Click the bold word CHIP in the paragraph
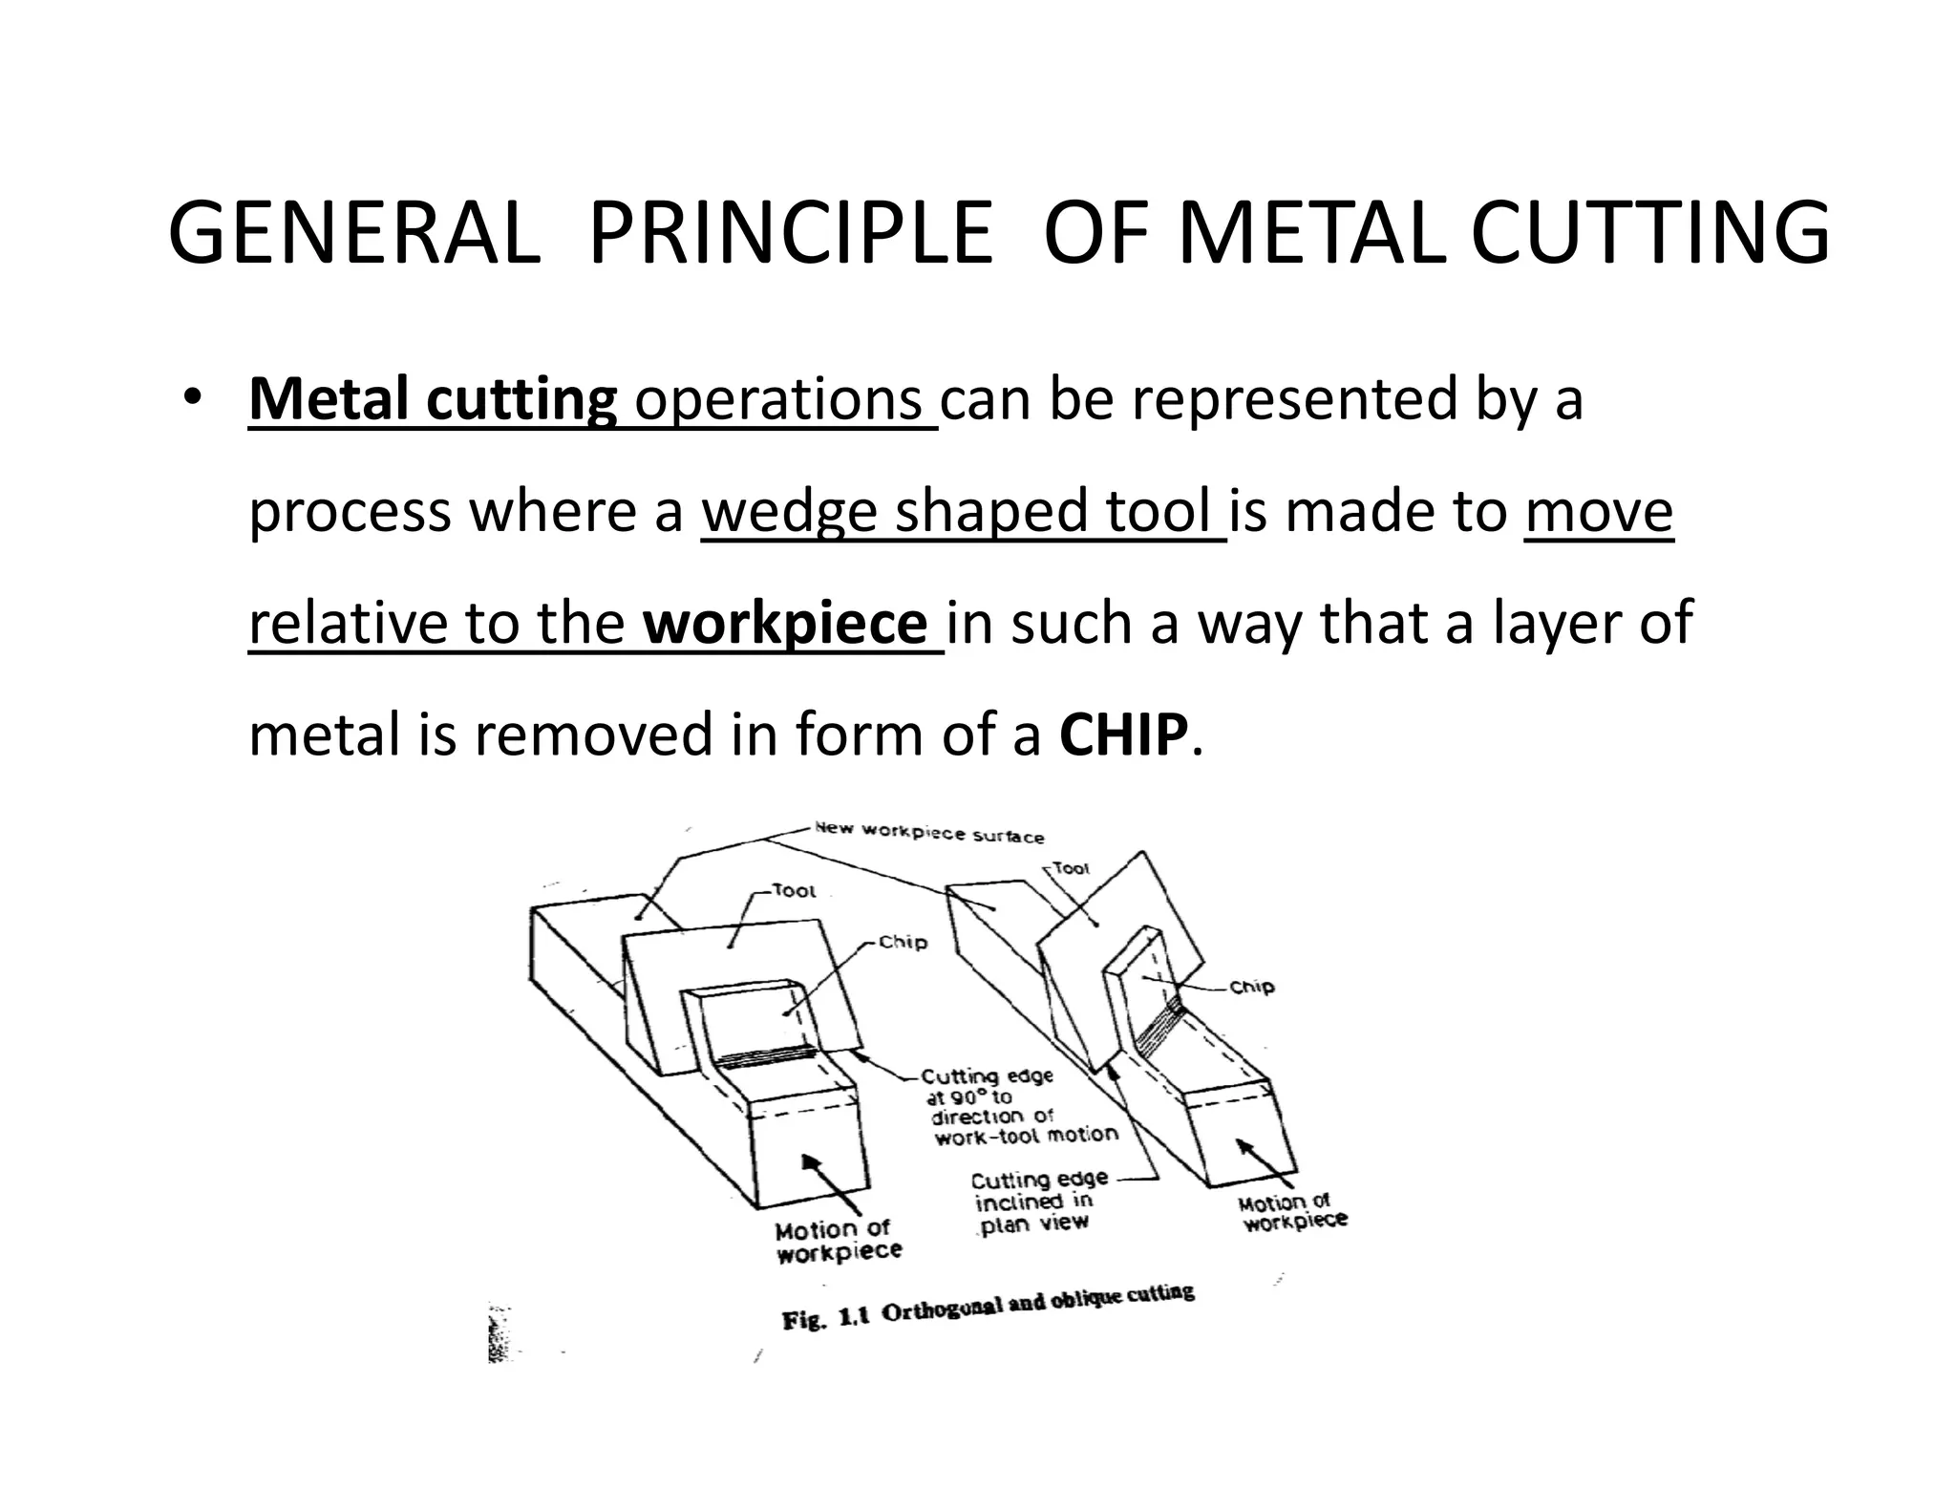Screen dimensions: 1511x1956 click(1124, 735)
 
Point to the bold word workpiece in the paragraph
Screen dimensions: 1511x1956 click(785, 623)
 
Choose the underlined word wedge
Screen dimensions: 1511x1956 click(789, 511)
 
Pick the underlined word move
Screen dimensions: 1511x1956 click(1599, 511)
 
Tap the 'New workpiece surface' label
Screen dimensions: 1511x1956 click(928, 833)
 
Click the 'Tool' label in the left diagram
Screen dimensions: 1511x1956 click(794, 891)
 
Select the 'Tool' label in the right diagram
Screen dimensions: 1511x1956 click(1071, 868)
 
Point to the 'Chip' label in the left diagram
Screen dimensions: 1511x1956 click(903, 943)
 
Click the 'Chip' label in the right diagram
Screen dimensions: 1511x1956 click(1251, 987)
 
